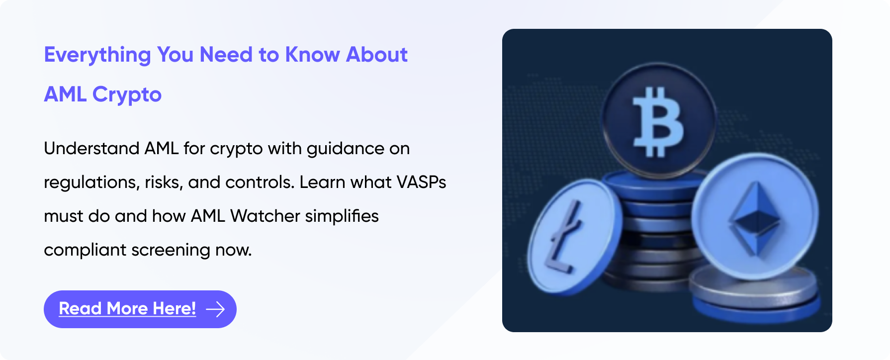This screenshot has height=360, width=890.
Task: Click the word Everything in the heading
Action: [97, 55]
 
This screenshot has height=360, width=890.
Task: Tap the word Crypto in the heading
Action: [127, 95]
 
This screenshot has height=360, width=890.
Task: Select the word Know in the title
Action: [312, 55]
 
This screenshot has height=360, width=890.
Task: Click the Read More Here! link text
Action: [127, 309]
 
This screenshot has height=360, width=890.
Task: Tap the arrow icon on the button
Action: [215, 309]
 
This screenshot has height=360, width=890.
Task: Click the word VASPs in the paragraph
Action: [421, 182]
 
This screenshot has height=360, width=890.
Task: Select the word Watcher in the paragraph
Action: [265, 216]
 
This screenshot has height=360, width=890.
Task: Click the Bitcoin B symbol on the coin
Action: [657, 122]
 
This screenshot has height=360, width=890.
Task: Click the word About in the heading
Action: [377, 55]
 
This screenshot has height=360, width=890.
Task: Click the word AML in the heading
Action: [65, 94]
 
